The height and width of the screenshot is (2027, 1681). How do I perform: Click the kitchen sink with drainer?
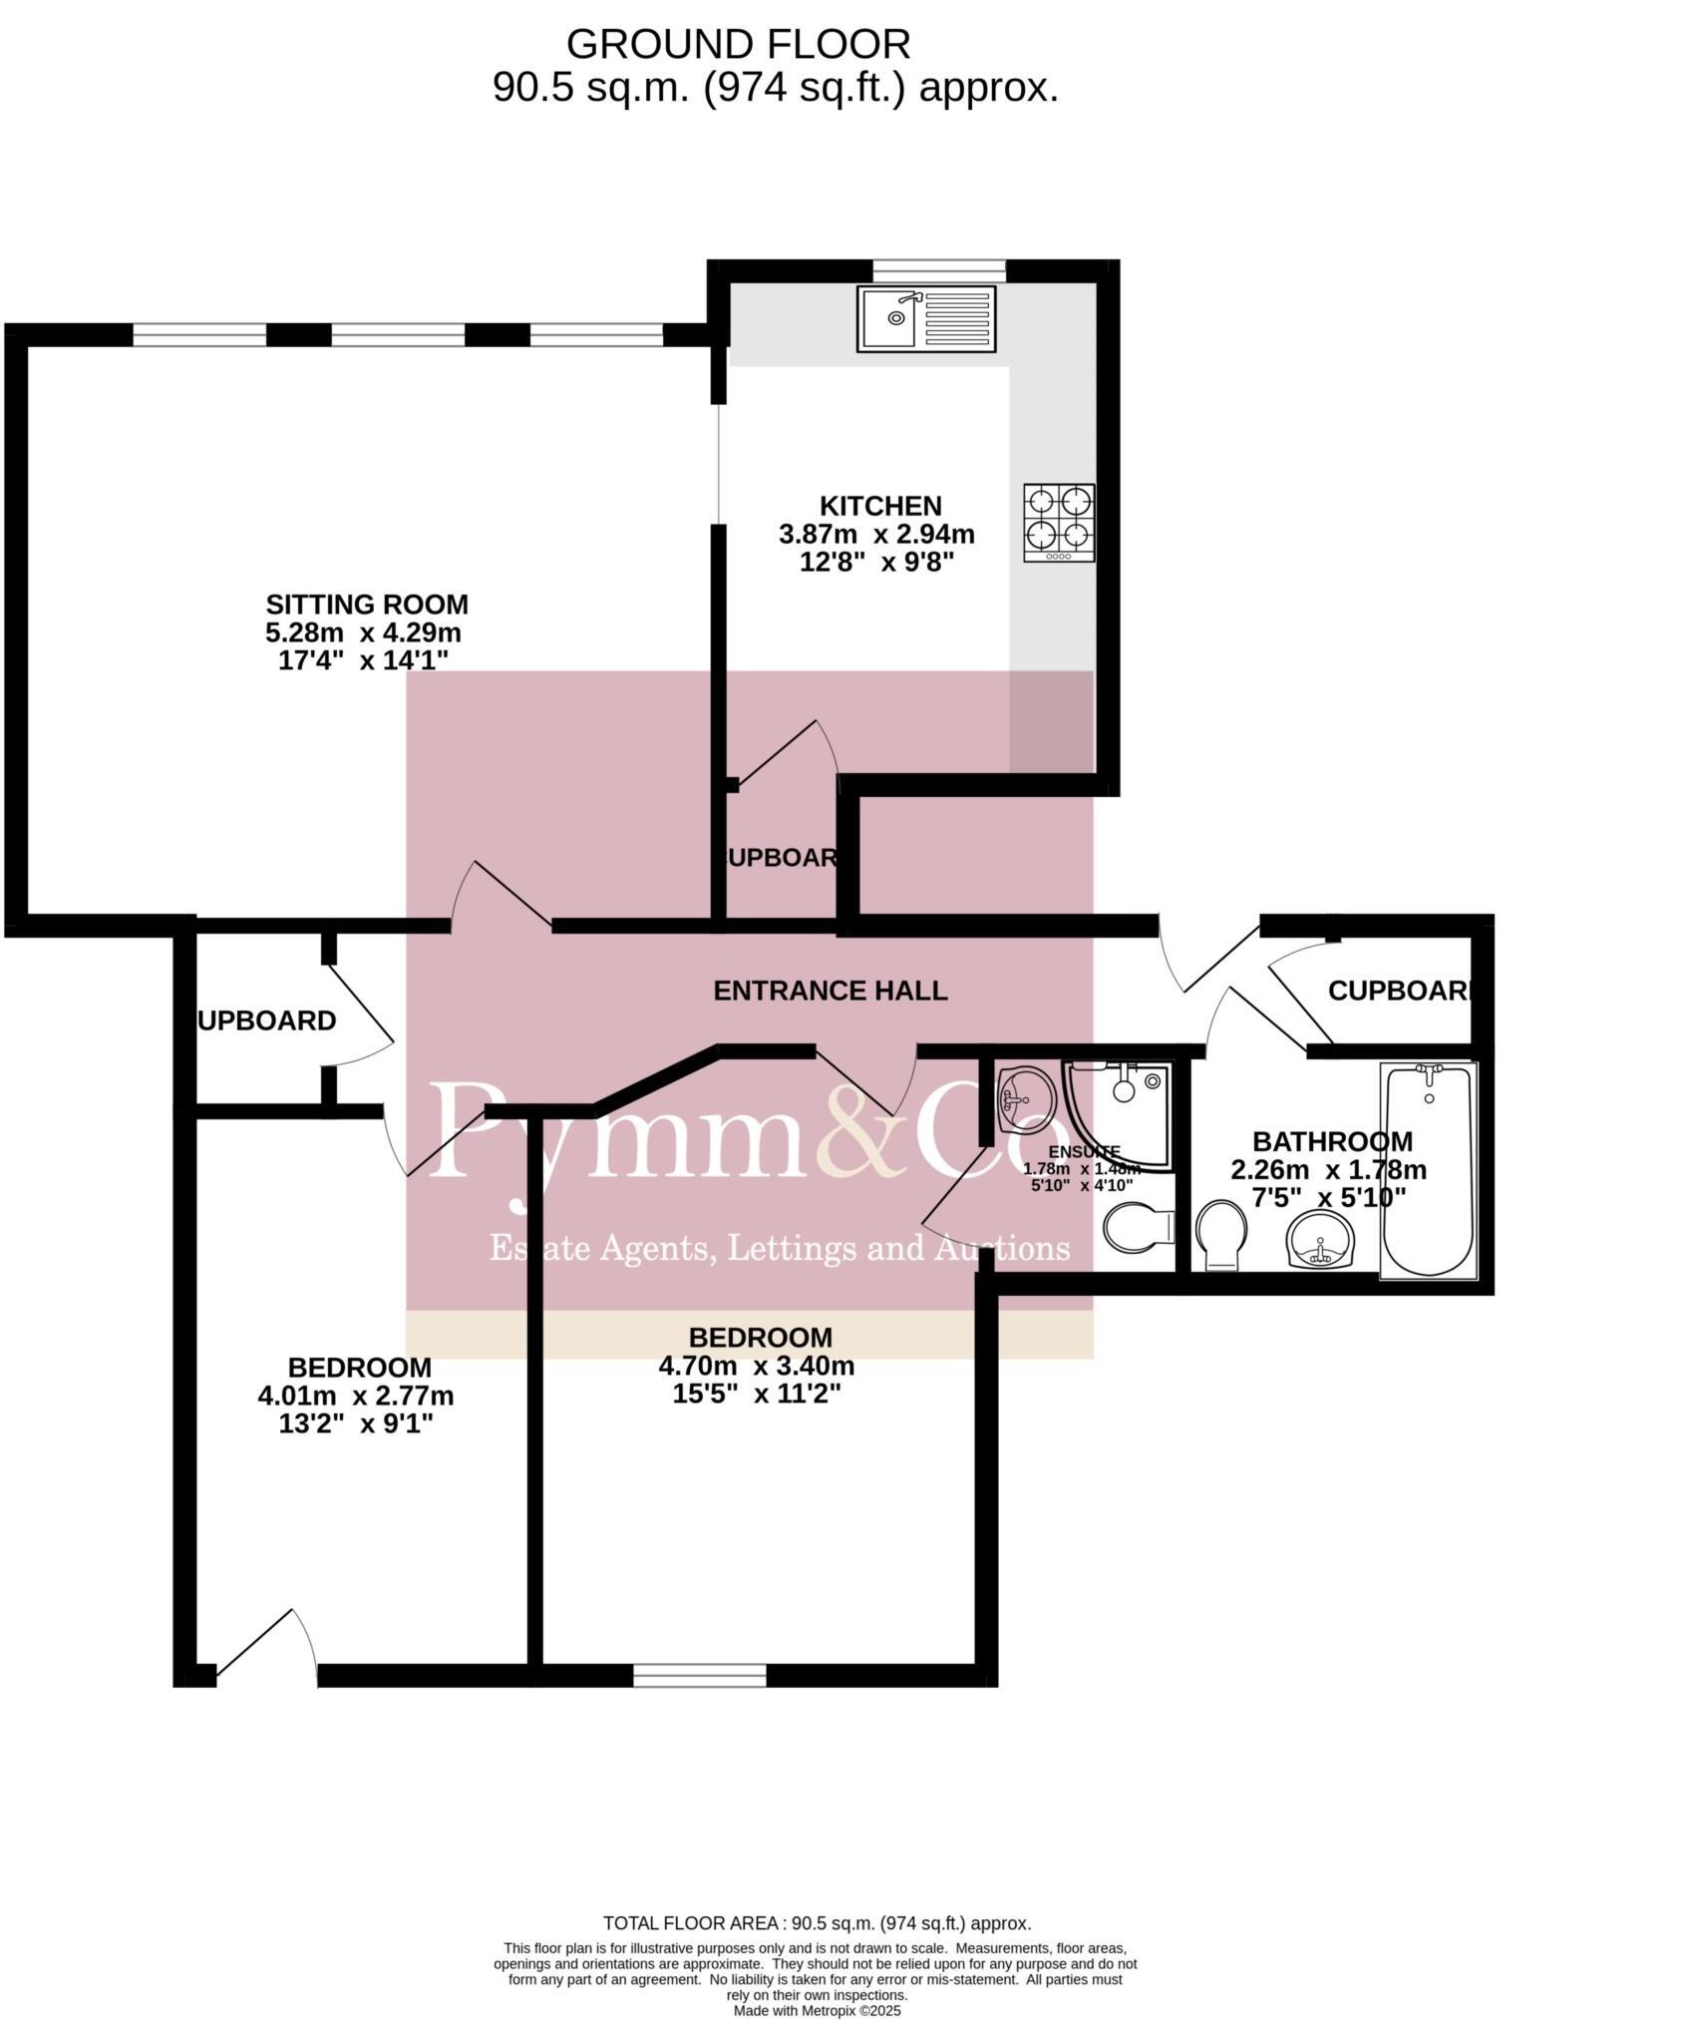point(925,318)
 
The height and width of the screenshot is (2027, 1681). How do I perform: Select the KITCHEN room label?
point(879,505)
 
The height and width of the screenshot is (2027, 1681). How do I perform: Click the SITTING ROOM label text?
point(366,604)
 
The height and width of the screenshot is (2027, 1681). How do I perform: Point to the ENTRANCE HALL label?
point(830,991)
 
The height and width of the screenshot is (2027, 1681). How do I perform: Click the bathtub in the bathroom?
point(1428,1168)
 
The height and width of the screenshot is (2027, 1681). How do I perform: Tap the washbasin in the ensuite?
point(1024,1099)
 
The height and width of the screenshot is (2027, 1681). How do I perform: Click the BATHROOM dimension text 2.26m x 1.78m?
point(1328,1169)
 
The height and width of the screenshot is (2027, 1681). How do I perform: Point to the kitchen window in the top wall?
point(938,267)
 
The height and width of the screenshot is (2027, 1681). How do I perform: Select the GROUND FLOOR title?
point(738,45)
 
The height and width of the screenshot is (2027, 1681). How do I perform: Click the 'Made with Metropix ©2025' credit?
point(817,2011)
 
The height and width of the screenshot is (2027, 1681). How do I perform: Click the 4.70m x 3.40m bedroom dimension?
point(756,1366)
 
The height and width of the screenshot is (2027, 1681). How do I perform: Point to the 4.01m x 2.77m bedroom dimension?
point(355,1395)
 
